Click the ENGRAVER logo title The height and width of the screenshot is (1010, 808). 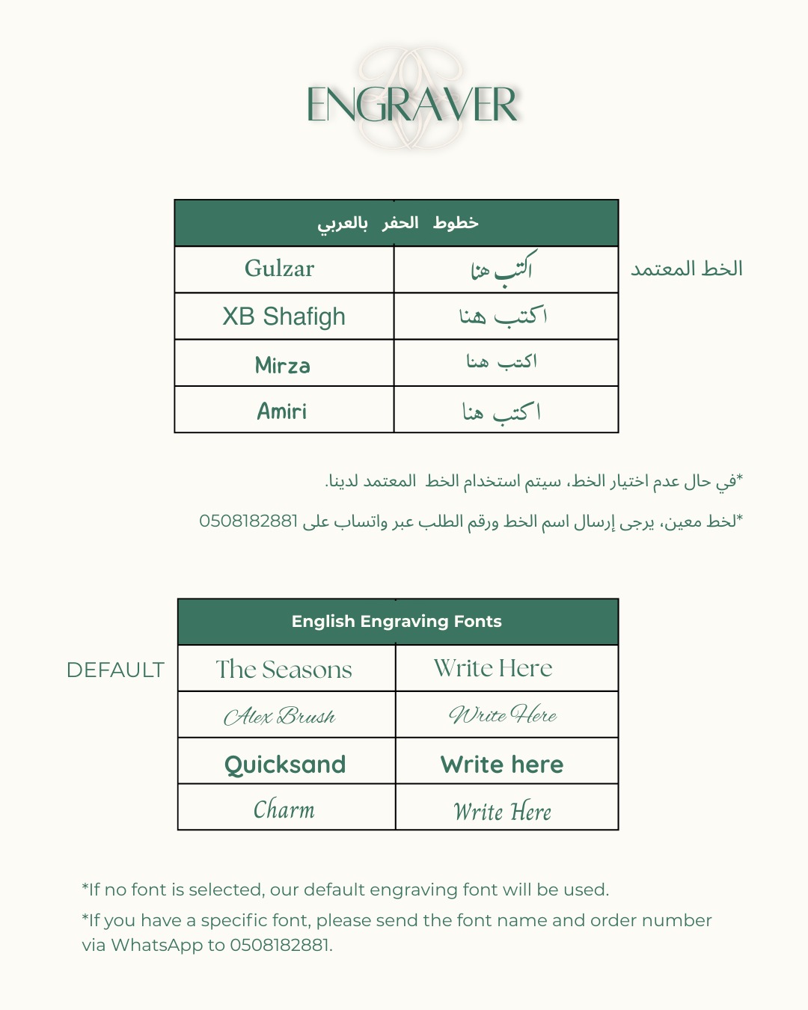tap(411, 105)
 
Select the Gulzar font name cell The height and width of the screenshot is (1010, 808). tap(279, 269)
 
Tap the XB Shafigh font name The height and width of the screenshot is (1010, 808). tap(284, 316)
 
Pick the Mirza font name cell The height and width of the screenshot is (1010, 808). tap(282, 365)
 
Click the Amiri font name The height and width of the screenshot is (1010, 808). tap(282, 411)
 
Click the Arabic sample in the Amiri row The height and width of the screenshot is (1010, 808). tap(501, 411)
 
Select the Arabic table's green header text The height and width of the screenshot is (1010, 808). tap(397, 223)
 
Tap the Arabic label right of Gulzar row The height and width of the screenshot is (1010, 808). tap(686, 269)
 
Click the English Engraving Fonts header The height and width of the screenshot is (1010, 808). tap(397, 621)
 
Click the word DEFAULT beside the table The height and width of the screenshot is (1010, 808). tap(115, 670)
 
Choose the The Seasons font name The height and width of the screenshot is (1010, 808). tap(284, 669)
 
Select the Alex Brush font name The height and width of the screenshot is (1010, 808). tap(279, 716)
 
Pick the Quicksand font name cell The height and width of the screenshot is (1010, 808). tap(285, 764)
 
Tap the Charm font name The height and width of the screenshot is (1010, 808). tap(284, 809)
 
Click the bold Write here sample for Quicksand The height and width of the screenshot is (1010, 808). tap(502, 764)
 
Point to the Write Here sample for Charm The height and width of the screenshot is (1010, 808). tap(502, 811)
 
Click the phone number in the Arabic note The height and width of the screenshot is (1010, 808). tap(248, 521)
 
